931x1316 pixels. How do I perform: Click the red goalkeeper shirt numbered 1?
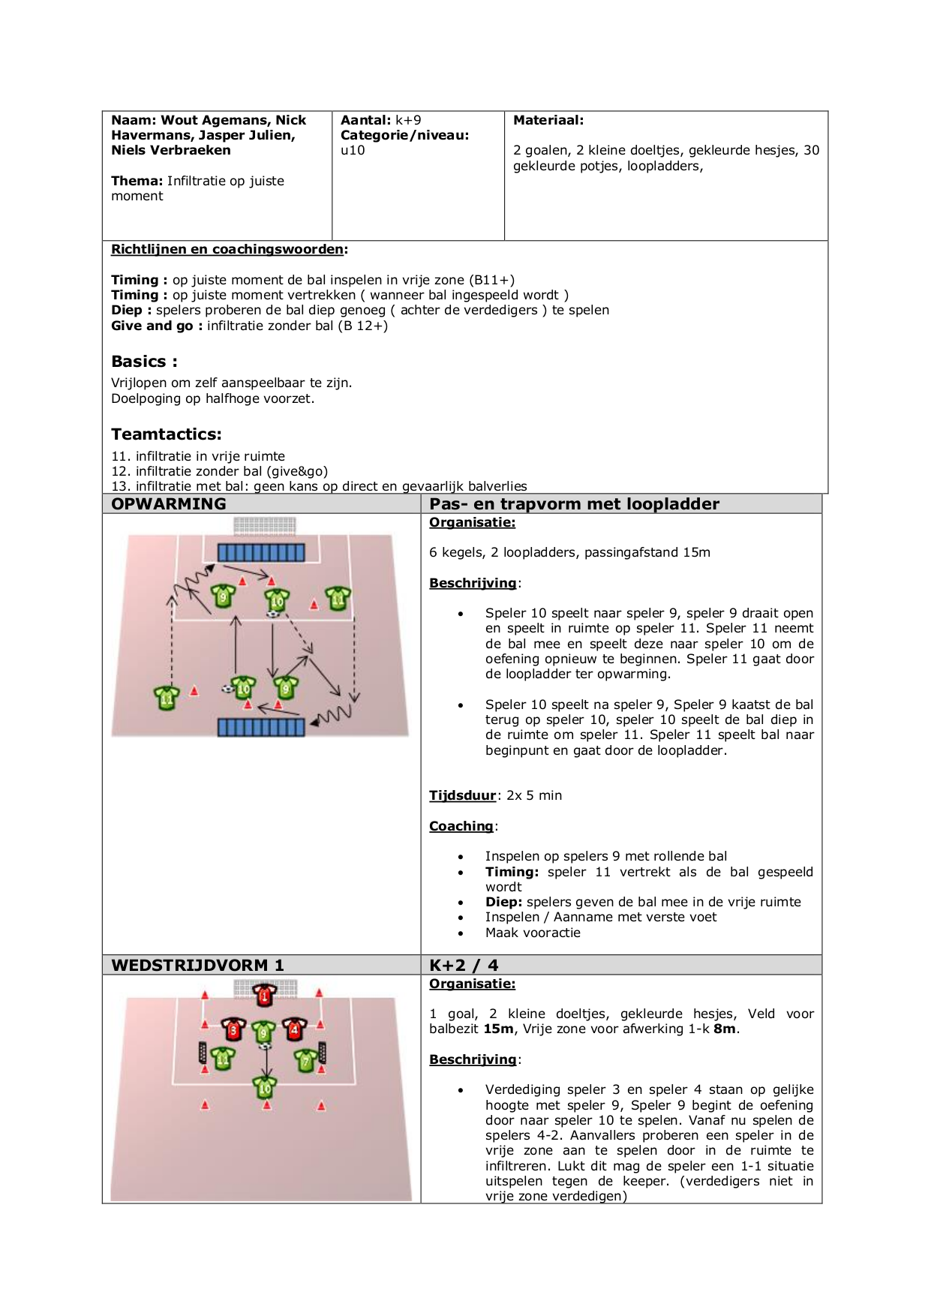264,996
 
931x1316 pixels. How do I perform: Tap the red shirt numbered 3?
233,1029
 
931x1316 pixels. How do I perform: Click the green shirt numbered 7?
306,1059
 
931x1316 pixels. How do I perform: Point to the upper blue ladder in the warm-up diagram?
261,553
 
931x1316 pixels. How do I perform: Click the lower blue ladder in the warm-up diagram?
261,726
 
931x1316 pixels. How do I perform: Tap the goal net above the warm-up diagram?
264,525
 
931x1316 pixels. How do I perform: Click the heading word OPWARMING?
169,504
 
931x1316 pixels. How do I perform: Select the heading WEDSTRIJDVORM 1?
197,965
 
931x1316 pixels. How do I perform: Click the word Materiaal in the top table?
547,120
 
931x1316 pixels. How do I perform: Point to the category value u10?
353,150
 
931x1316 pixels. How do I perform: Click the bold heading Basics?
143,362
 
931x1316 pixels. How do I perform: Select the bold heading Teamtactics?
166,434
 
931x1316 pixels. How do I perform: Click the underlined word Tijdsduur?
462,795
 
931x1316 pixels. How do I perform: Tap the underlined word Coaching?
461,826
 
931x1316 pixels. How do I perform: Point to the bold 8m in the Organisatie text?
724,1029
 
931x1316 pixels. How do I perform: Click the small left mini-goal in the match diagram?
203,1052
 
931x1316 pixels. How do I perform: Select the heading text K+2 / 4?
464,965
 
